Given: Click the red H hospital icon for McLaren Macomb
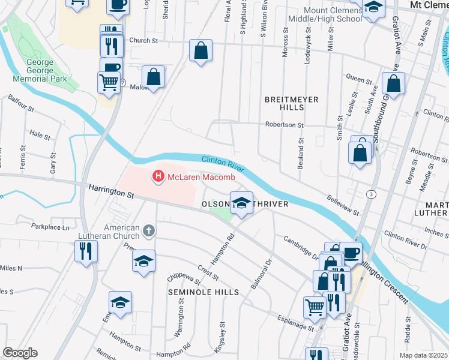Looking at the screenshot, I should [x=158, y=176].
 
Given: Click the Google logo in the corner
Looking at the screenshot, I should [x=20, y=352].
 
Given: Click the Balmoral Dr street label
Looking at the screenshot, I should [x=261, y=272].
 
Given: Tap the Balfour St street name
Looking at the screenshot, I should [x=22, y=107].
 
